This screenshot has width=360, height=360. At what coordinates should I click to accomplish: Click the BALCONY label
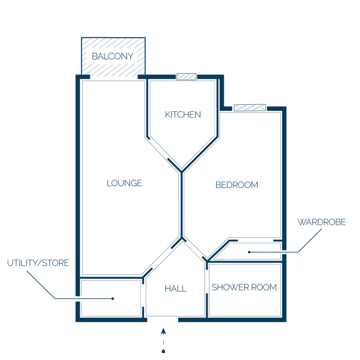(x=112, y=56)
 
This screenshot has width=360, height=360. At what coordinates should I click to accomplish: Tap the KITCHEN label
(x=183, y=115)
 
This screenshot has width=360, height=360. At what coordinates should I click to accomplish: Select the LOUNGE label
(x=124, y=183)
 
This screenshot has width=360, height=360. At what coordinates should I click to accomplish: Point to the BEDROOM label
(x=237, y=185)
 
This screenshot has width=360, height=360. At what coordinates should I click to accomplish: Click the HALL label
(x=176, y=288)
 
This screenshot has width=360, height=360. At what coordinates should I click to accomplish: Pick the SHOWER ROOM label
(x=244, y=287)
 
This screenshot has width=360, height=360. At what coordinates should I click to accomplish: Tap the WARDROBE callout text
(x=321, y=222)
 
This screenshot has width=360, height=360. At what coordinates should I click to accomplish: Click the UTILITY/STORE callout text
(x=38, y=263)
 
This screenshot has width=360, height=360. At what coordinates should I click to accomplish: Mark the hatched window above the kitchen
(x=186, y=77)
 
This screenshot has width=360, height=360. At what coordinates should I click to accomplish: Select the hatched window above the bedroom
(x=250, y=108)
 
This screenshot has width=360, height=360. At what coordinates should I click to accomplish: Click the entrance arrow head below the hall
(x=163, y=331)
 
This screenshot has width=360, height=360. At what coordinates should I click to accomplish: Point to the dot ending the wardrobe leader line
(x=249, y=252)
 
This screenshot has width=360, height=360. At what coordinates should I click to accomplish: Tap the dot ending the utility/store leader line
(x=113, y=299)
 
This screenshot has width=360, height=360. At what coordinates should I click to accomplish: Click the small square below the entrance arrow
(x=163, y=351)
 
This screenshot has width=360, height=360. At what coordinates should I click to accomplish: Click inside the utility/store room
(x=111, y=298)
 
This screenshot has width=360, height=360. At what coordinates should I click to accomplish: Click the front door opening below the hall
(x=162, y=320)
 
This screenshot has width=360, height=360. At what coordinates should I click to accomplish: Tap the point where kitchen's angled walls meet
(x=181, y=172)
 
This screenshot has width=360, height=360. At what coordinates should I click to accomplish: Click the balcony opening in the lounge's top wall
(x=114, y=77)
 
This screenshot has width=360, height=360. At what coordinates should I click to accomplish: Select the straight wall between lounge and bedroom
(x=181, y=205)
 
